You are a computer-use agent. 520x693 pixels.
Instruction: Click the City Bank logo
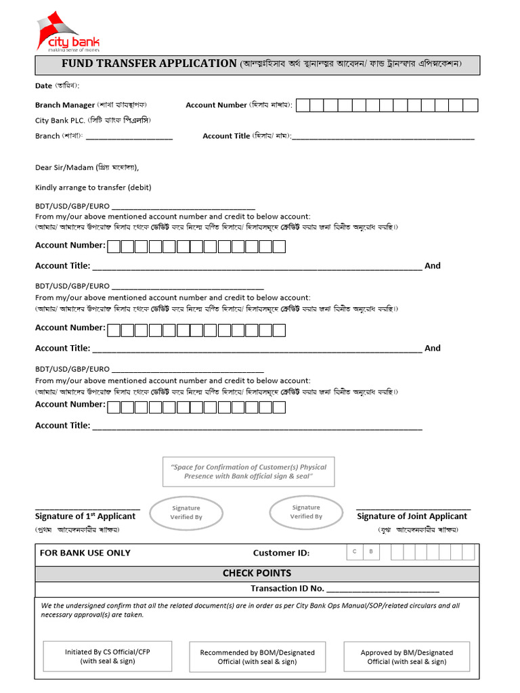pos(68,34)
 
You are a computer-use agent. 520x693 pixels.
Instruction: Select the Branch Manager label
pos(65,105)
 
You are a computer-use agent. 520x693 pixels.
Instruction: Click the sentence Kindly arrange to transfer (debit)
pos(93,187)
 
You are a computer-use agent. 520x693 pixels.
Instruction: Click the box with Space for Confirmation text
pos(248,472)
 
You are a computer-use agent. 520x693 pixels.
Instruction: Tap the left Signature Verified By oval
pos(186,512)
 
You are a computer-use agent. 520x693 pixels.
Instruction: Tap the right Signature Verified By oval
pos(306,512)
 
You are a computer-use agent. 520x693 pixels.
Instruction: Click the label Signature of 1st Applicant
pos(85,516)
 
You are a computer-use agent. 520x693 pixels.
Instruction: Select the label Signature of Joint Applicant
pos(412,516)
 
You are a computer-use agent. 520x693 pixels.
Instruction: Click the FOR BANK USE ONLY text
pos(85,553)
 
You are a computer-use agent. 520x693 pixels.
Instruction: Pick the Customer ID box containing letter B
pos(371,552)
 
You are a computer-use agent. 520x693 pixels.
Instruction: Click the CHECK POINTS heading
pos(257,573)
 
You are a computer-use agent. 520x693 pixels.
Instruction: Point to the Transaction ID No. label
pos(287,589)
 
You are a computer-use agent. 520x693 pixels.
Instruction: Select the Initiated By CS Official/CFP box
pos(108,656)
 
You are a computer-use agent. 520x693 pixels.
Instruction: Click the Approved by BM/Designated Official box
pos(406,656)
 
